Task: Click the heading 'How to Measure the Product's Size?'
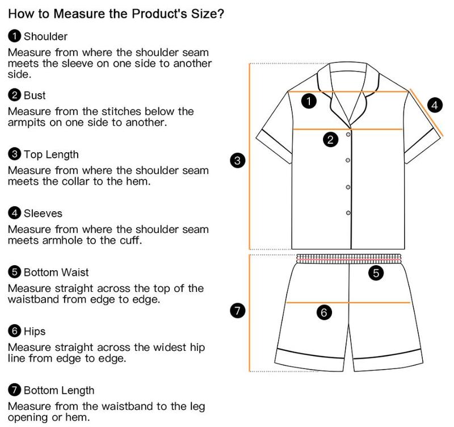pos(116,14)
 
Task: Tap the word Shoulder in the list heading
pos(45,36)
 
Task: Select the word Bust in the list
pos(35,95)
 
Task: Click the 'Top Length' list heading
pos(51,154)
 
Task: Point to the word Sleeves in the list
pos(43,213)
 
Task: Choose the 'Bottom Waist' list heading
pos(56,273)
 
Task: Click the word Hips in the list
pos(35,332)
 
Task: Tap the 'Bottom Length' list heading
pos(59,391)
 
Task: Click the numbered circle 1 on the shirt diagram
pos(309,102)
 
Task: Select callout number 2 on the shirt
pos(330,140)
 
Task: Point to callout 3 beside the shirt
pos(237,161)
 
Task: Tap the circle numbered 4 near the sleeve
pos(435,105)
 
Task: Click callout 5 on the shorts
pos(376,273)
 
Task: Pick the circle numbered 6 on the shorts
pos(324,312)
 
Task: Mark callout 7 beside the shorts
pos(237,311)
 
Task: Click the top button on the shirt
pos(348,135)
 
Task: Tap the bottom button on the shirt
pos(348,213)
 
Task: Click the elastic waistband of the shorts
pos(349,258)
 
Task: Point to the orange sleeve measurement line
pos(426,112)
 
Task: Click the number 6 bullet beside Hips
pos(15,331)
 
